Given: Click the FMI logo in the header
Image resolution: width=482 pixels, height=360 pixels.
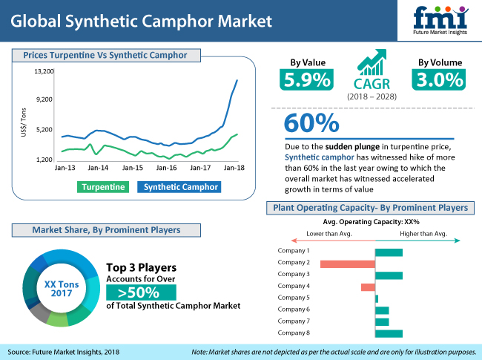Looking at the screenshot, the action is [440, 20].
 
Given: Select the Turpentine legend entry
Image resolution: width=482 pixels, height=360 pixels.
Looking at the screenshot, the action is [103, 187].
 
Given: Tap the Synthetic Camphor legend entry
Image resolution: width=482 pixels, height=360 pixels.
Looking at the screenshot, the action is [179, 187].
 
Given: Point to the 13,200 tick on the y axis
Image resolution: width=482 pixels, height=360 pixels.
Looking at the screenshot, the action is [44, 71].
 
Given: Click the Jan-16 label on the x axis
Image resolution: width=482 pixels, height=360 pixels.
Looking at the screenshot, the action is [166, 168].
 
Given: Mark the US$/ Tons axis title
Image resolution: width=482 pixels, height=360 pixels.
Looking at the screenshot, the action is [24, 122].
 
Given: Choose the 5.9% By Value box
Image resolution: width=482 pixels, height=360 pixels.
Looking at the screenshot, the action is [306, 79].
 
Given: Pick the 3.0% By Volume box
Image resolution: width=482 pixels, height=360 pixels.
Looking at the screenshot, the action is [439, 79].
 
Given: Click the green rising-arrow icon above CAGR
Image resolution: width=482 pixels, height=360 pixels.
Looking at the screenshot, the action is [372, 62].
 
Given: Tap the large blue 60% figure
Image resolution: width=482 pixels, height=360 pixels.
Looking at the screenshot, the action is [311, 123].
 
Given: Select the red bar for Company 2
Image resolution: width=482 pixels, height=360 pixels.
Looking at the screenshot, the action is [348, 264].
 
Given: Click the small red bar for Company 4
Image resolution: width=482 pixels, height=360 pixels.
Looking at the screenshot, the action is [368, 287].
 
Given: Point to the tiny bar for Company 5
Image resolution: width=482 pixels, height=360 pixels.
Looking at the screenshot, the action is [377, 299].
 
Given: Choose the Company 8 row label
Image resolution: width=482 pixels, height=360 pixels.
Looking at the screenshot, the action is [294, 333].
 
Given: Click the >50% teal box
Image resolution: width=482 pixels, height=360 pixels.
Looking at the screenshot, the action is [141, 292].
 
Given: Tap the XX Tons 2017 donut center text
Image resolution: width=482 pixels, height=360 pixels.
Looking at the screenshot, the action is [62, 289].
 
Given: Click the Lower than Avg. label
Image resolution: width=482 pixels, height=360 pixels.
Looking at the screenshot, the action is [329, 234].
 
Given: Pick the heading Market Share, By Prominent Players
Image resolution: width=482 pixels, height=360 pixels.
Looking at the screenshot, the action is [106, 230].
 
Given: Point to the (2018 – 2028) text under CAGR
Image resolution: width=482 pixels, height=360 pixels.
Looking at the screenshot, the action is [372, 96].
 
